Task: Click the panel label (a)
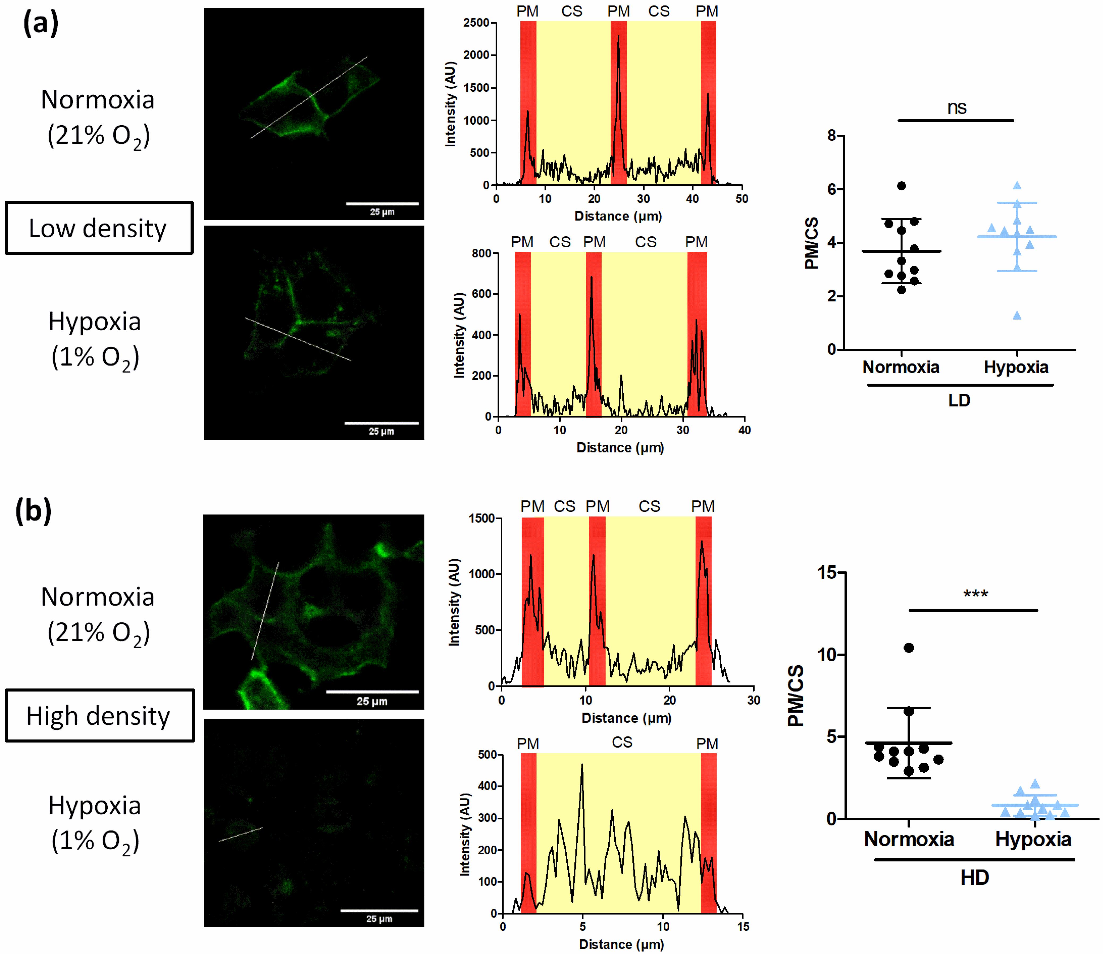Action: coord(40,24)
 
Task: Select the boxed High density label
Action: coord(99,715)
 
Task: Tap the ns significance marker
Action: coord(957,108)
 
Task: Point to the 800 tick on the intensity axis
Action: coord(481,253)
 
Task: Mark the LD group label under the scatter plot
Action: coord(959,400)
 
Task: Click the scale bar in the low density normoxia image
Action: coord(382,203)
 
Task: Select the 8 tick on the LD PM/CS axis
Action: coord(832,136)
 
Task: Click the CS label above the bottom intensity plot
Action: coord(622,742)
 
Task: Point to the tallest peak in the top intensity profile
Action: coord(618,36)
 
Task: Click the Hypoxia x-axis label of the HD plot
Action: coord(1033,839)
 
